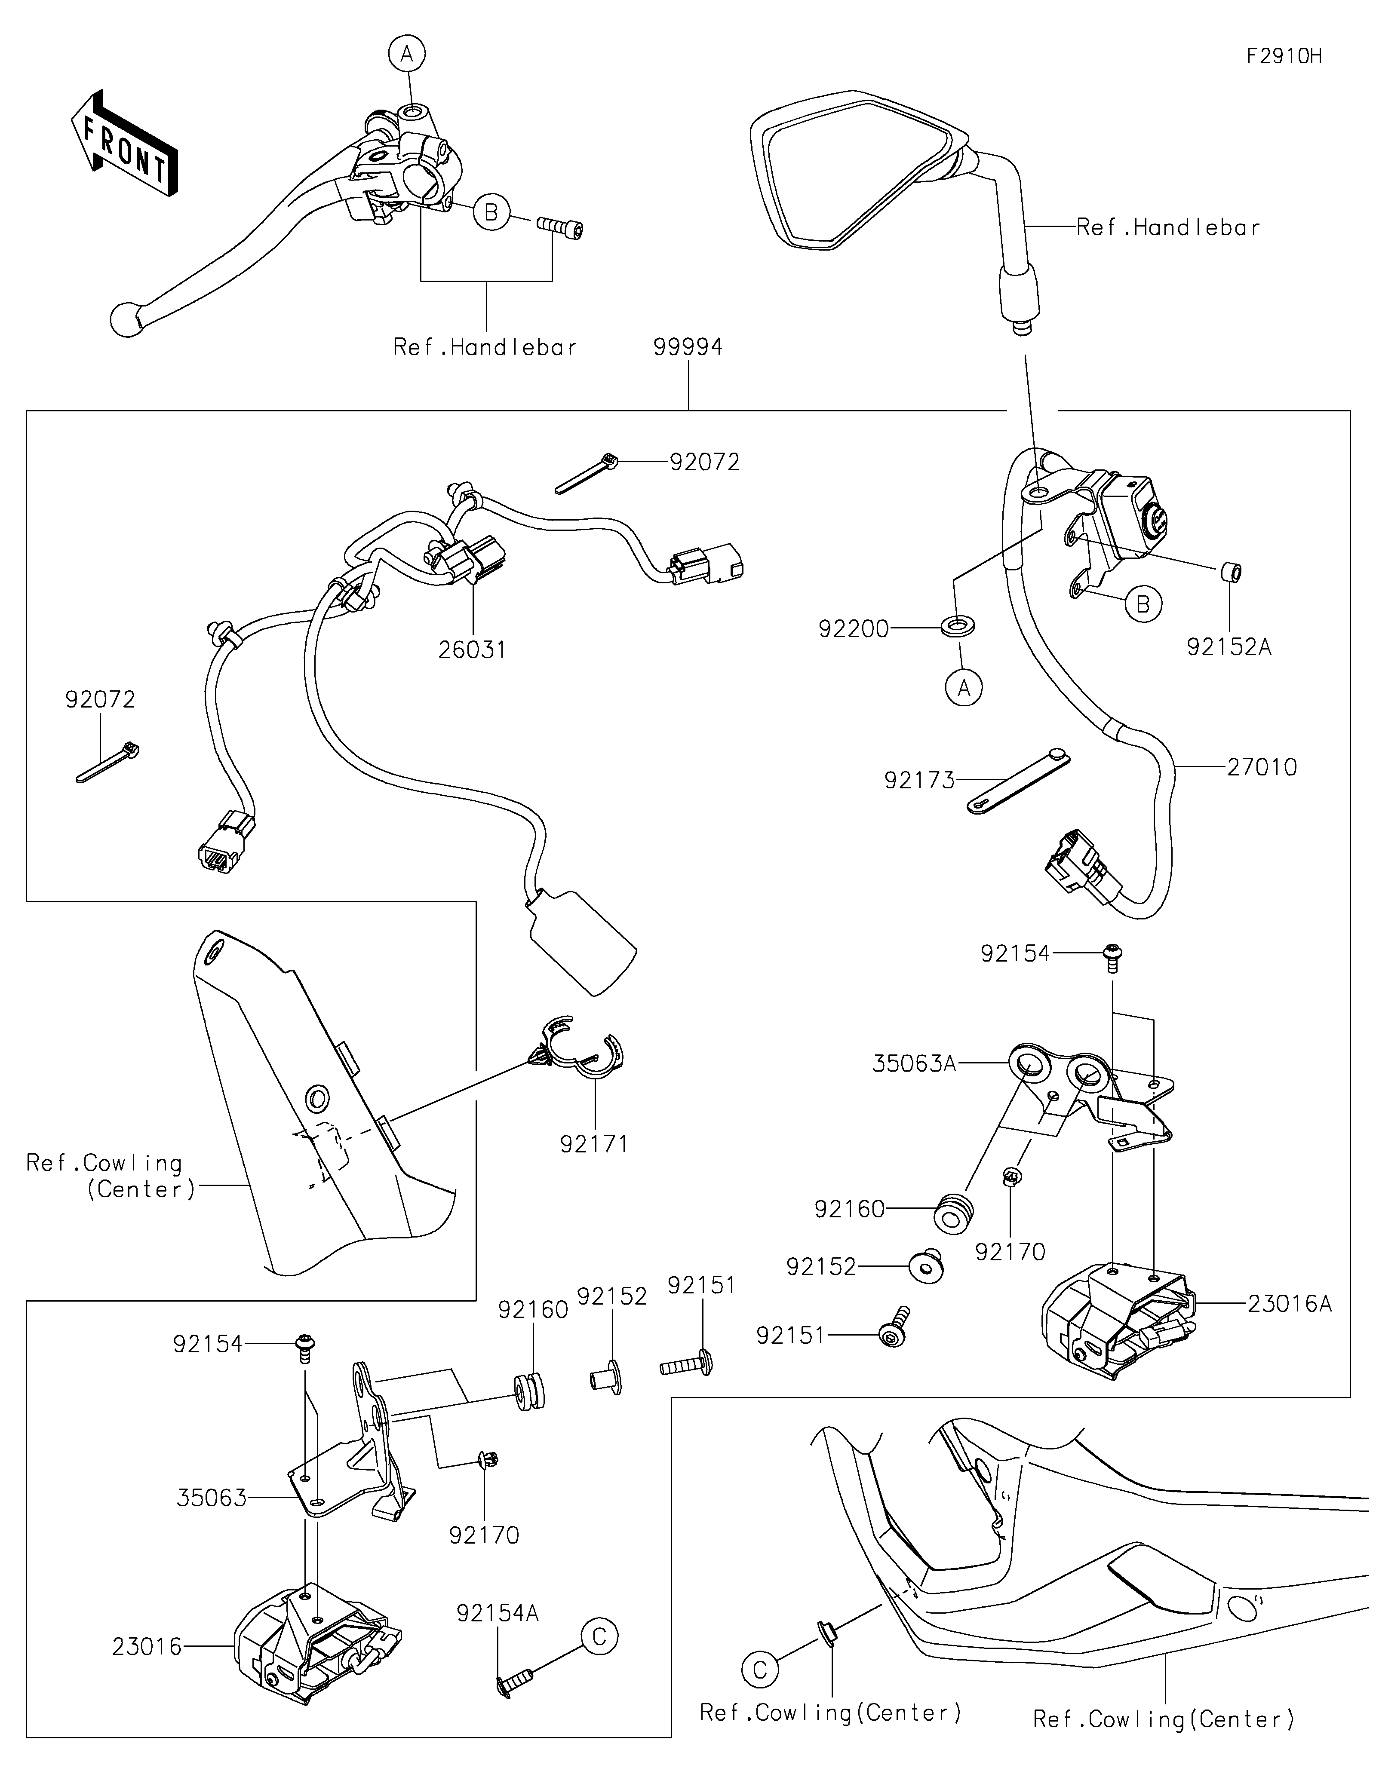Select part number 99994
pyautogui.click(x=688, y=347)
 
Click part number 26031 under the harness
pyautogui.click(x=472, y=650)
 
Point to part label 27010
pyautogui.click(x=1262, y=767)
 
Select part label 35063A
pyautogui.click(x=914, y=1063)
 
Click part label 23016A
pyautogui.click(x=1290, y=1304)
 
